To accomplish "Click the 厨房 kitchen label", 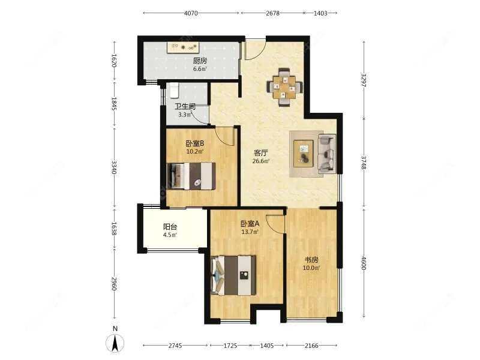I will click(x=200, y=61).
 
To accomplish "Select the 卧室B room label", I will click(x=194, y=143).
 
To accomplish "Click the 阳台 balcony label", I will click(x=170, y=227).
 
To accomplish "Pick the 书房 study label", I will click(x=311, y=260).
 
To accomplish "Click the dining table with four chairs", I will click(x=285, y=86).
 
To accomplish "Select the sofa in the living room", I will click(x=326, y=154).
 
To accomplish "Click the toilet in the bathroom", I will click(x=173, y=90).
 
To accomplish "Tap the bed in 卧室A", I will click(x=235, y=275).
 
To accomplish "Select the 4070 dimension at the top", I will click(x=191, y=13).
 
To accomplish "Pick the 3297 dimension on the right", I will click(x=364, y=80).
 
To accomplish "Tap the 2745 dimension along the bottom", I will click(x=175, y=346).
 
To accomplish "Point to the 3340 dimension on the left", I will click(x=114, y=164).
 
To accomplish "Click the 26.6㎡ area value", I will click(x=261, y=161).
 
